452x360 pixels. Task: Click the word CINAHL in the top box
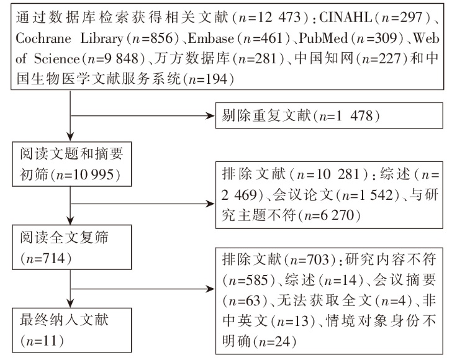[x=345, y=17]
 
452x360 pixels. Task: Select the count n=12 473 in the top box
[x=269, y=17]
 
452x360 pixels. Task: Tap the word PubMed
[x=323, y=38]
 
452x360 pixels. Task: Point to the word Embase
[x=210, y=38]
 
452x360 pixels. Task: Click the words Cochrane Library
[x=70, y=38]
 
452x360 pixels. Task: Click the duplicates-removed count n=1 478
[x=346, y=116]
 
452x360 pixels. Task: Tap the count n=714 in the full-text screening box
[x=45, y=258]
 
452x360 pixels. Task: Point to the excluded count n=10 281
[x=328, y=174]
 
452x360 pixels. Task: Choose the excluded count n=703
[x=309, y=259]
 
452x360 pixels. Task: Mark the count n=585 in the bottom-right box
[x=248, y=280]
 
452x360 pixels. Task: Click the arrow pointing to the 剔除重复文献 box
[x=142, y=116]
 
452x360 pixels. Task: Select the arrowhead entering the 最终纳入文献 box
[x=70, y=304]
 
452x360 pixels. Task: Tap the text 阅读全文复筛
[x=64, y=238]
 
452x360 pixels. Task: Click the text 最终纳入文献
[x=64, y=320]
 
